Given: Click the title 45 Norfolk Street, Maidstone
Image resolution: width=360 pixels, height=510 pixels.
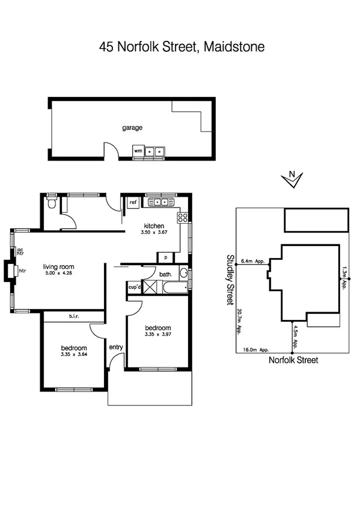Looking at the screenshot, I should click(182, 47).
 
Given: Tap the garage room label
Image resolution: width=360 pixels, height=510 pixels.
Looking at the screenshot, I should click(132, 127).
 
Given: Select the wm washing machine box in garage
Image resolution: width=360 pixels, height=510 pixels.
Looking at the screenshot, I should click(138, 151).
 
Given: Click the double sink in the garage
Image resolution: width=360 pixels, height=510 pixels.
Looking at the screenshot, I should click(155, 152).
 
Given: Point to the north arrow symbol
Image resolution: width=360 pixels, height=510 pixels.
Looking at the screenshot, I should click(292, 179).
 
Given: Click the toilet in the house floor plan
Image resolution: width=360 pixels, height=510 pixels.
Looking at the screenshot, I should click(52, 203).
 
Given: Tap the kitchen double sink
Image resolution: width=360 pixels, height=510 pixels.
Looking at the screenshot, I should click(160, 203).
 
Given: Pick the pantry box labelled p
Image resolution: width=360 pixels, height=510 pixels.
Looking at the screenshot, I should click(165, 257).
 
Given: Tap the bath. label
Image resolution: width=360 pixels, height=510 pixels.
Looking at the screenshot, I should click(166, 274).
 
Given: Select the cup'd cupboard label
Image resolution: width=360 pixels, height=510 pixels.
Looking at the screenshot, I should click(134, 287).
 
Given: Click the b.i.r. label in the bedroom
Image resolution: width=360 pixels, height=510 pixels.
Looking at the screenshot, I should click(75, 316).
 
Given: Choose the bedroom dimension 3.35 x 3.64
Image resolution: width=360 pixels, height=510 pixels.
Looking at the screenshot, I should click(74, 354).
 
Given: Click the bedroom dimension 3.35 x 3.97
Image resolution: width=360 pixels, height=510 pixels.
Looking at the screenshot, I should click(158, 334).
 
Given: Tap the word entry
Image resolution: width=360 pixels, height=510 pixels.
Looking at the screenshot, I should click(115, 347).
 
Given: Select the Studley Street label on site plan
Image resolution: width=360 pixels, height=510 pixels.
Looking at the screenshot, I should click(229, 279).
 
